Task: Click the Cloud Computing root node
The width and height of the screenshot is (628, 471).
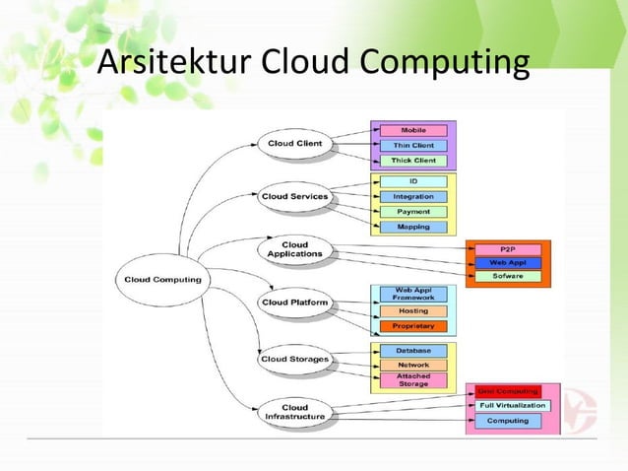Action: (162, 279)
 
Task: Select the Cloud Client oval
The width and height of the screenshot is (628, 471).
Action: (294, 144)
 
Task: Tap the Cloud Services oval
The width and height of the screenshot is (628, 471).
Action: (294, 196)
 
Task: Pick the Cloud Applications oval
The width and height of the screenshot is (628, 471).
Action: (294, 249)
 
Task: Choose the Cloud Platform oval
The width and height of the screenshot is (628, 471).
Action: (294, 302)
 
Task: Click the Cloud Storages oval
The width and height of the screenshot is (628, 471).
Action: (294, 359)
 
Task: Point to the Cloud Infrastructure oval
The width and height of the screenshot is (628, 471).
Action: (294, 412)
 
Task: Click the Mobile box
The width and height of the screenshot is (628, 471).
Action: (412, 130)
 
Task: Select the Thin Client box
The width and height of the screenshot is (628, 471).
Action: (412, 145)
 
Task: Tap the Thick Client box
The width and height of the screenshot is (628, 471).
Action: (412, 160)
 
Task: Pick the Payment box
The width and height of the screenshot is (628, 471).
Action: (412, 212)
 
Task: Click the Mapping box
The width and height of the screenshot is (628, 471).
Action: (412, 227)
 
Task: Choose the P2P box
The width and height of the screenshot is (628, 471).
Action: (507, 249)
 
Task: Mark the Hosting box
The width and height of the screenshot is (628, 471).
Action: (412, 310)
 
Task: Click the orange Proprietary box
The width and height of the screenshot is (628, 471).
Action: (412, 326)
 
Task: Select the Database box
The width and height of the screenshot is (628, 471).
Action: (412, 350)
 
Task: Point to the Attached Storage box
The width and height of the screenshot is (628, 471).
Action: (412, 379)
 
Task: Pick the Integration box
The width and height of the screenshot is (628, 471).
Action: (412, 197)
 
